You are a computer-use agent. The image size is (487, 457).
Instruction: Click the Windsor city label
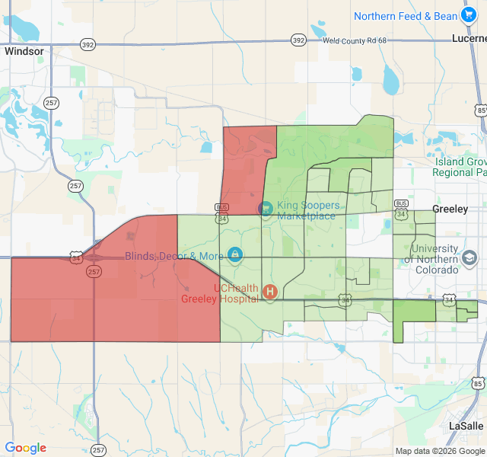tap(24, 51)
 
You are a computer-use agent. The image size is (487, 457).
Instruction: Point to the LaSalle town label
tap(466, 425)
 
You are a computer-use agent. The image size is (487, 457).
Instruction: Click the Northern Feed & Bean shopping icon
tap(469, 14)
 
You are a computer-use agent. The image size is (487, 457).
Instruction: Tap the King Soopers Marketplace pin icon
tap(266, 208)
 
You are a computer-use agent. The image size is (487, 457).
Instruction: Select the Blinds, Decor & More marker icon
tap(235, 254)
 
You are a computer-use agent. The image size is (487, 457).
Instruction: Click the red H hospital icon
tap(269, 291)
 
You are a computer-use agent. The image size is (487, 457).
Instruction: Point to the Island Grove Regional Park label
tap(461, 167)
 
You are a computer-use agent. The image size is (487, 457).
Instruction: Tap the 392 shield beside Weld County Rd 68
tap(298, 40)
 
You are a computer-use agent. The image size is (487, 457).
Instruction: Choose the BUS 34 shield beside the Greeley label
tap(402, 209)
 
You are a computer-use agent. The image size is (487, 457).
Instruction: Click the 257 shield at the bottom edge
tap(98, 450)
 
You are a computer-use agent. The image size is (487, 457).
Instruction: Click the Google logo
tap(26, 448)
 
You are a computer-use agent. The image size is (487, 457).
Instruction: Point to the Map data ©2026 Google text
tap(439, 451)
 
